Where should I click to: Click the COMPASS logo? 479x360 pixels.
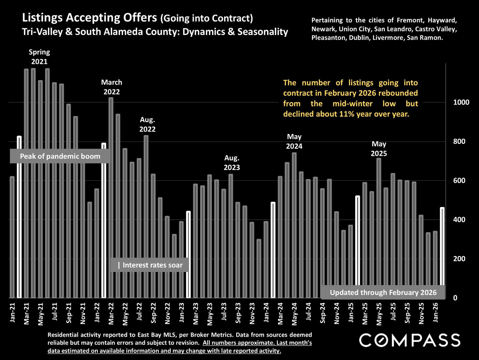pyautogui.click(x=410, y=340)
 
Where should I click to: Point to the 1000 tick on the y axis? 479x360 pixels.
pyautogui.click(x=461, y=102)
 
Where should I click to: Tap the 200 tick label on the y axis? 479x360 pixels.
pyautogui.click(x=459, y=259)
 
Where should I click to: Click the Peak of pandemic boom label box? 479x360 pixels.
pyautogui.click(x=60, y=156)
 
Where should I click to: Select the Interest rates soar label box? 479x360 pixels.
pyautogui.click(x=150, y=265)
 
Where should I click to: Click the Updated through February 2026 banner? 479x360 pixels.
pyautogui.click(x=383, y=292)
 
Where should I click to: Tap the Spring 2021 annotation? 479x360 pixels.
pyautogui.click(x=39, y=57)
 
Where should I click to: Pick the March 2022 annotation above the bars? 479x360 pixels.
pyautogui.click(x=112, y=87)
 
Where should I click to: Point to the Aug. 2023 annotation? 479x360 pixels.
pyautogui.click(x=232, y=163)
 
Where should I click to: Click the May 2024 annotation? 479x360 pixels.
pyautogui.click(x=294, y=141)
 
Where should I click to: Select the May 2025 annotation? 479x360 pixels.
pyautogui.click(x=379, y=149)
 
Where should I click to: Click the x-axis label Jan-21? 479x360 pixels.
pyautogui.click(x=13, y=313)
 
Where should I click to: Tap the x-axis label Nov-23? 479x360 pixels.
pyautogui.click(x=252, y=313)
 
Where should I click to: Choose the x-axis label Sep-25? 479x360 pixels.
pyautogui.click(x=407, y=313)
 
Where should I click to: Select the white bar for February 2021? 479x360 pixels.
pyautogui.click(x=19, y=217)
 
